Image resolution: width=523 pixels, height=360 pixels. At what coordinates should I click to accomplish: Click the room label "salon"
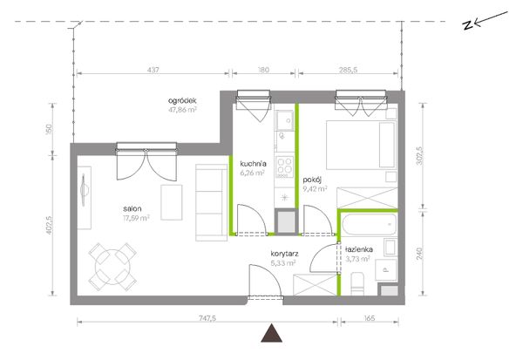click(x=132, y=209)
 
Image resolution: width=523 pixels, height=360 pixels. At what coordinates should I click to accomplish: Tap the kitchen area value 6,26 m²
click(x=253, y=173)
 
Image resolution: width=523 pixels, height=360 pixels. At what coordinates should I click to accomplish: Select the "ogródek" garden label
click(x=182, y=100)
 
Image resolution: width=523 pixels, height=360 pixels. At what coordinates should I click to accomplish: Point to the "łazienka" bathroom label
click(x=359, y=249)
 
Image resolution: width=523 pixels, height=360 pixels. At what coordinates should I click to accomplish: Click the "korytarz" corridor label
click(x=284, y=254)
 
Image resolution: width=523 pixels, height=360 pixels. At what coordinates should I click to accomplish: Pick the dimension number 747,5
click(x=207, y=318)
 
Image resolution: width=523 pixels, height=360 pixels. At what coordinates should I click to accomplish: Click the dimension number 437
click(x=153, y=70)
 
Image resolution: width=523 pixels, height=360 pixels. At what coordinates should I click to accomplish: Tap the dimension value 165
click(x=370, y=318)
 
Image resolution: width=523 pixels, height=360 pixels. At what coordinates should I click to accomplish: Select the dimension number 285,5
click(x=348, y=70)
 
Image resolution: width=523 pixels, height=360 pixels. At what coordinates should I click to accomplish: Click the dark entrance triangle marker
click(x=272, y=334)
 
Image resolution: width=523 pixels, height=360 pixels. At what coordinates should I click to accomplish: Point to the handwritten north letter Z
click(x=468, y=25)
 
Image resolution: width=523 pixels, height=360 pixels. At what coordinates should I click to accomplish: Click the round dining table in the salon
click(x=112, y=267)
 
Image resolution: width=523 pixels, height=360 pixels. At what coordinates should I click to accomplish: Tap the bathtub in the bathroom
click(x=370, y=225)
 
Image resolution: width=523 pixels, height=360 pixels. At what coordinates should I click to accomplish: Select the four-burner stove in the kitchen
click(x=284, y=166)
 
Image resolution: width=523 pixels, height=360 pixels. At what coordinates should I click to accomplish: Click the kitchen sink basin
click(x=284, y=119)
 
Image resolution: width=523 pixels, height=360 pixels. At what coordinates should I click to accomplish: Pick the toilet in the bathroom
click(x=357, y=283)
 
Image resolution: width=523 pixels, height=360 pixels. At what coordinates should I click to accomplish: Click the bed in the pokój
click(x=361, y=145)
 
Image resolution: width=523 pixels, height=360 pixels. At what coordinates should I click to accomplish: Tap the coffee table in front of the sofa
click(x=172, y=202)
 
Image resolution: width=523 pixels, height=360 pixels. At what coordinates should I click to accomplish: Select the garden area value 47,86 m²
click(x=182, y=110)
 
